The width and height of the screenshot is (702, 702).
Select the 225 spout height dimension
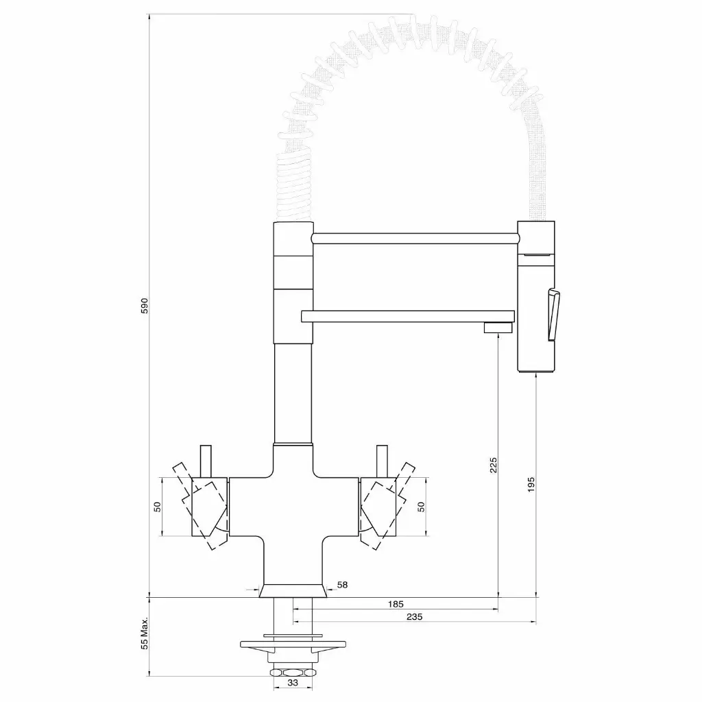pyautogui.click(x=494, y=465)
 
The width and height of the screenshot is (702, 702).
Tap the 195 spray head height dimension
pyautogui.click(x=531, y=485)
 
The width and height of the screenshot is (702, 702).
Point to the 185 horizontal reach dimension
pyautogui.click(x=396, y=604)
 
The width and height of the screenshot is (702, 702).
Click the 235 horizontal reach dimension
pyautogui.click(x=413, y=617)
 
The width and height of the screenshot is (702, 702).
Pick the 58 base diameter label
pyautogui.click(x=343, y=585)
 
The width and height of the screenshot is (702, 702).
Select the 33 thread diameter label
pyautogui.click(x=292, y=683)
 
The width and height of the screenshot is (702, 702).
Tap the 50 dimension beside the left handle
pyautogui.click(x=157, y=507)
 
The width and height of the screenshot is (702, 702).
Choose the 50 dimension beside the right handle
pyautogui.click(x=422, y=507)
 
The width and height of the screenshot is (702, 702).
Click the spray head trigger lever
pyautogui.click(x=553, y=314)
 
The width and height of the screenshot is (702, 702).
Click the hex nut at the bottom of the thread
pyautogui.click(x=293, y=672)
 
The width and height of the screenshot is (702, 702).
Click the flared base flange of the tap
pyautogui.click(x=293, y=591)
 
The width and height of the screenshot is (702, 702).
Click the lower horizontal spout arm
pyautogui.click(x=408, y=316)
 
